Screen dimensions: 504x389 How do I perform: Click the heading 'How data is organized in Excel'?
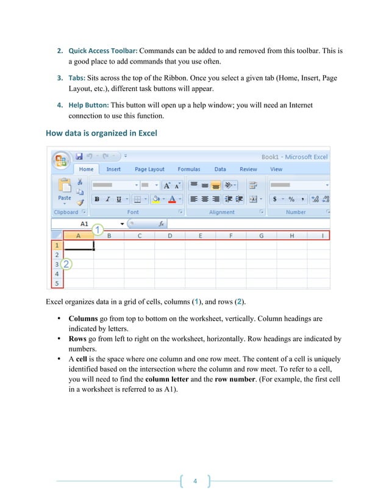(101, 133)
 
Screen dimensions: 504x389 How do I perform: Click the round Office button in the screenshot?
(61, 160)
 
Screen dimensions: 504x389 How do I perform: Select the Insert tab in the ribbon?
(113, 169)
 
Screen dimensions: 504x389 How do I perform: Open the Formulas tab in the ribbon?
(189, 169)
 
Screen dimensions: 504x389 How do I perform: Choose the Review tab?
(248, 169)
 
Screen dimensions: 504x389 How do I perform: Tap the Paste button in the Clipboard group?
(65, 190)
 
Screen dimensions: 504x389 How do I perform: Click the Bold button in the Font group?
(96, 199)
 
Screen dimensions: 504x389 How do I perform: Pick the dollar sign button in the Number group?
(276, 199)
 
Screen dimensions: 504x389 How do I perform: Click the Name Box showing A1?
(85, 224)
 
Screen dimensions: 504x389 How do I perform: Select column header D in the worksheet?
(170, 236)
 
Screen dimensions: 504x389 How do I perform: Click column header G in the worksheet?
(261, 236)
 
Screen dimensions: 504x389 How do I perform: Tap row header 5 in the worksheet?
(57, 283)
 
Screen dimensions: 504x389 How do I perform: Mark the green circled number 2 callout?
(66, 264)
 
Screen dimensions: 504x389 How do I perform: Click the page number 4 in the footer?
(194, 481)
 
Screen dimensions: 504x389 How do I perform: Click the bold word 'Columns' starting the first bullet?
(84, 319)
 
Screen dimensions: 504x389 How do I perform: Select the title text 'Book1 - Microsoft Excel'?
(294, 157)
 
